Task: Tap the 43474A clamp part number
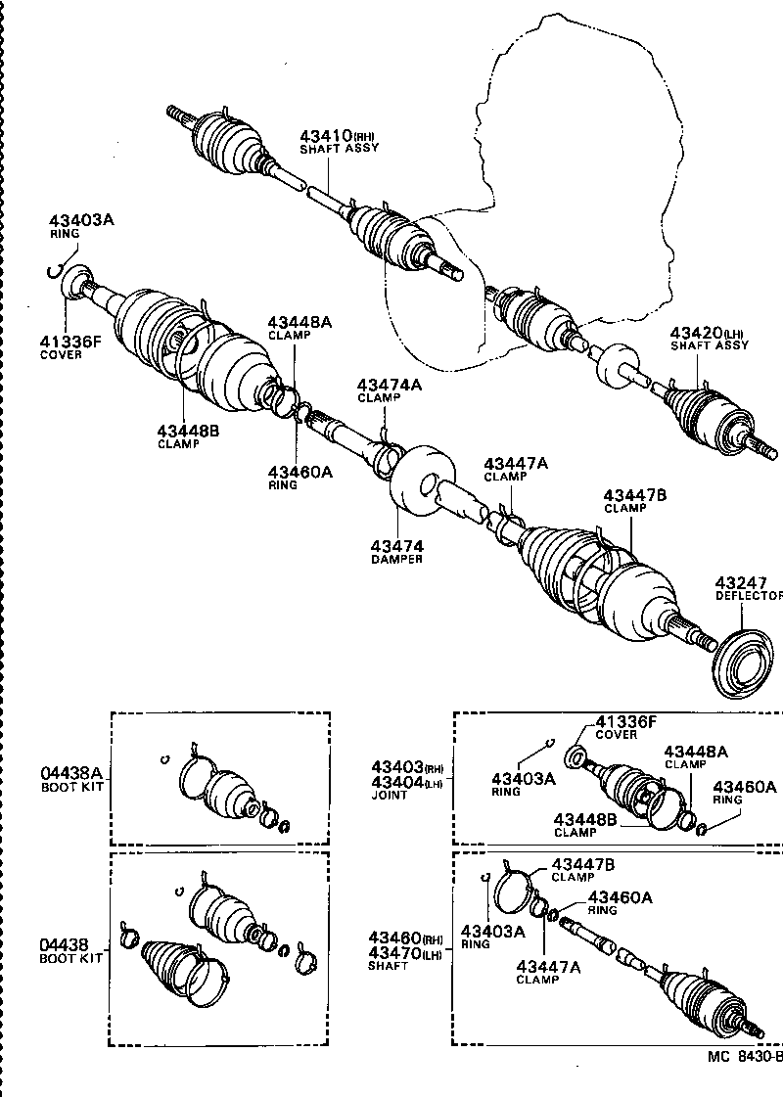(389, 386)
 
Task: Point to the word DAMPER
(396, 559)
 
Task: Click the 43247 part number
(741, 583)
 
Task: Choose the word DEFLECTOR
(749, 596)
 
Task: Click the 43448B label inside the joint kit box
(584, 819)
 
